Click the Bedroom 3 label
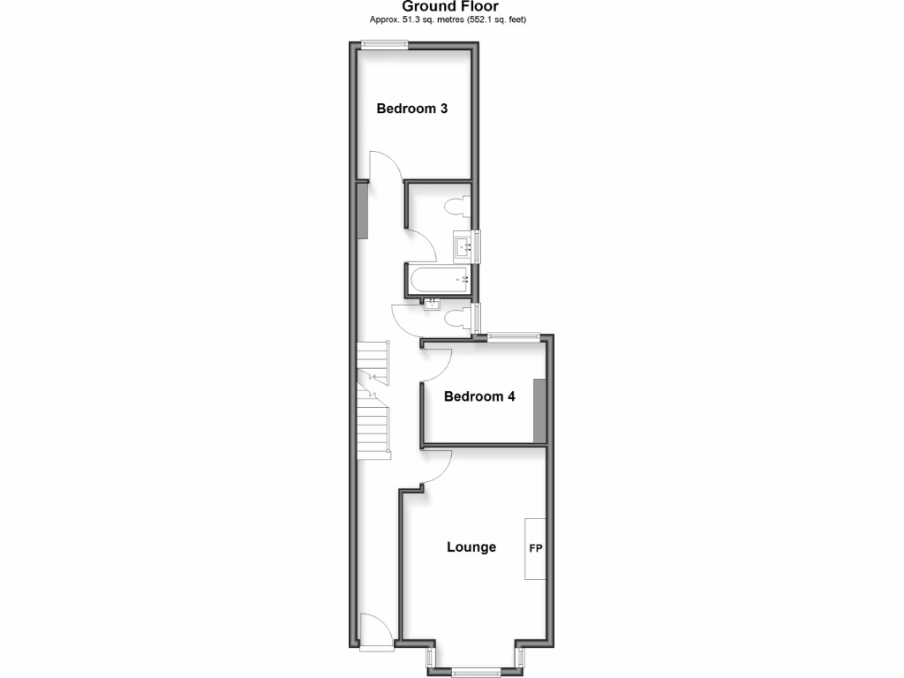tap(412, 109)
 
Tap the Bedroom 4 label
tap(479, 396)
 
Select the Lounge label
tap(471, 547)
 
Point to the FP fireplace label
tap(535, 548)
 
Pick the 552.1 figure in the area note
tap(492, 19)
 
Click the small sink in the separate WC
tap(433, 305)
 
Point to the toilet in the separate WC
tap(457, 319)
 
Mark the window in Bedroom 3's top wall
tap(384, 45)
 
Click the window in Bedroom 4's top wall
tap(514, 335)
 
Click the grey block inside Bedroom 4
tap(540, 410)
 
